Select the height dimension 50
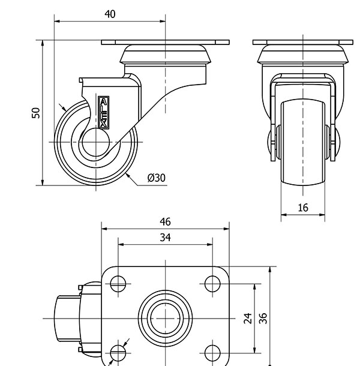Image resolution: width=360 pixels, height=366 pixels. [x=36, y=113]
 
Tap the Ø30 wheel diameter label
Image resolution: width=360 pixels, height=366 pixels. [x=156, y=178]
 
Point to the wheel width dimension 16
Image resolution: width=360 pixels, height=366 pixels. [x=302, y=208]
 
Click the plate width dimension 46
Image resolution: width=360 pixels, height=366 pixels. [x=165, y=221]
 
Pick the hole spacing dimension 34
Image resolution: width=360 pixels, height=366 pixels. [x=165, y=238]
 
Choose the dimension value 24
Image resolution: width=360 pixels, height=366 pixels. [x=247, y=319]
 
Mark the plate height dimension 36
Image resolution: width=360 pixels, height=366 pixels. [x=263, y=319]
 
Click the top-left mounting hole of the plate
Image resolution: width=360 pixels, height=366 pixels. [x=118, y=283]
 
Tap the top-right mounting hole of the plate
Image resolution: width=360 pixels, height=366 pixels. [x=212, y=283]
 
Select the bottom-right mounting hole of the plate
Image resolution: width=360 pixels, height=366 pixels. [x=212, y=351]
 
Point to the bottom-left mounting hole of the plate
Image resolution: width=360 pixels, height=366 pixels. [x=118, y=351]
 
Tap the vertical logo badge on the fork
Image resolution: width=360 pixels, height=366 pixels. [x=103, y=112]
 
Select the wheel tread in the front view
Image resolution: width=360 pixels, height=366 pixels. [x=302, y=144]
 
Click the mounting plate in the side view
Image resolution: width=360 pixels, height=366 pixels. [x=165, y=43]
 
